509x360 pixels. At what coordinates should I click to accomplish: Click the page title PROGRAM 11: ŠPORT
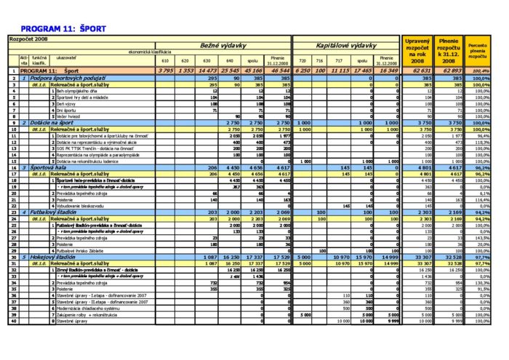point(64,28)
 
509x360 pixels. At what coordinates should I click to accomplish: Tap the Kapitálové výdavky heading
point(345,44)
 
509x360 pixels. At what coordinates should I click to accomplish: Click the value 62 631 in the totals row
point(422,71)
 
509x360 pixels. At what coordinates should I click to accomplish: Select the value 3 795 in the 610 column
point(165,71)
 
